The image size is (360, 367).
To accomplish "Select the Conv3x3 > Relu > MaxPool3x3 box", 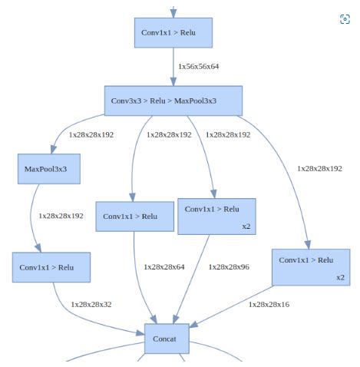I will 173,101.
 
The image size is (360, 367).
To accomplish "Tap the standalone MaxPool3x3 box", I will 48,169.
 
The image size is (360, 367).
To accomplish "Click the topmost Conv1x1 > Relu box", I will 173,32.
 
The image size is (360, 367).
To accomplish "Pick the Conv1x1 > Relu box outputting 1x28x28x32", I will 51,267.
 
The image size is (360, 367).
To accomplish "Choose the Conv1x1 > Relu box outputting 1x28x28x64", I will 134,216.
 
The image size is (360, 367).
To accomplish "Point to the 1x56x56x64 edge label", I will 199,67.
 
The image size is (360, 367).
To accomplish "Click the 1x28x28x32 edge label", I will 91,305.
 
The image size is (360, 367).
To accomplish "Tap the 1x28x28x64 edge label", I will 163,266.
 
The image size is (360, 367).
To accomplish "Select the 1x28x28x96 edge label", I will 229,266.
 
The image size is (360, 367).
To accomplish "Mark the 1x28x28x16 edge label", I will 269,305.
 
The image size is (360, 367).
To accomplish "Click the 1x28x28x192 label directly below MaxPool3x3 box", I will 61,217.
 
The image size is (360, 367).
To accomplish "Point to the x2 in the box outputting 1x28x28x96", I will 246,226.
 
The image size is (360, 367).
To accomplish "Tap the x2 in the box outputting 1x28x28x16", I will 340,277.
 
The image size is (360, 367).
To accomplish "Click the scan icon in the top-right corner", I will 345,19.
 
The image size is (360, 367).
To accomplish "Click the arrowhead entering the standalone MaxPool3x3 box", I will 54,150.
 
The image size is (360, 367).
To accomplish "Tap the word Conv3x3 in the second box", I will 125,101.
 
